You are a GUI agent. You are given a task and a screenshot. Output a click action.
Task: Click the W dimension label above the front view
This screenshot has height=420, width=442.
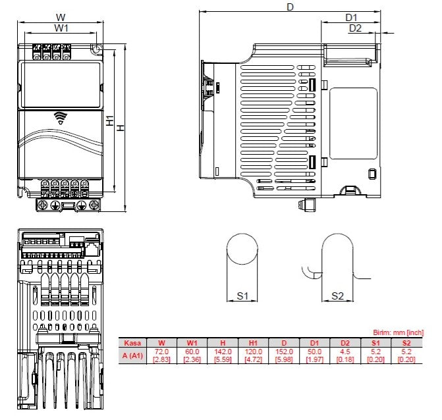pyautogui.click(x=61, y=16)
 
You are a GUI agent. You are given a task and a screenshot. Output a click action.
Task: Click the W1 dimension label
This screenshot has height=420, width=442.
pyautogui.click(x=61, y=28)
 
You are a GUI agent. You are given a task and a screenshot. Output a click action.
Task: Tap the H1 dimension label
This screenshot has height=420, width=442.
pyautogui.click(x=110, y=121)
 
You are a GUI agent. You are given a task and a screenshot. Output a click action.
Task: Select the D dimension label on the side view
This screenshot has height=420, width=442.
pyautogui.click(x=290, y=7)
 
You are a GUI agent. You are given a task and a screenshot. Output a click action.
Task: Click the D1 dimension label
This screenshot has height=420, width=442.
pyautogui.click(x=351, y=17)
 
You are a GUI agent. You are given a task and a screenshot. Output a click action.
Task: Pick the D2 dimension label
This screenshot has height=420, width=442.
pyautogui.click(x=355, y=28)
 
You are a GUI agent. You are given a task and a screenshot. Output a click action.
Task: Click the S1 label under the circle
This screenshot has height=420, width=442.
pyautogui.click(x=242, y=296)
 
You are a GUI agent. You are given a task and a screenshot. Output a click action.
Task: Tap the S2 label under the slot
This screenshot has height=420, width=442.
pyautogui.click(x=337, y=296)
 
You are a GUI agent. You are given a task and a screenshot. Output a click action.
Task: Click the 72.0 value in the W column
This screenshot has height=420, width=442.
pyautogui.click(x=161, y=352)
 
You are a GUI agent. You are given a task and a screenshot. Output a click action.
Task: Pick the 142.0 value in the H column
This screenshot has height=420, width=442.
pyautogui.click(x=223, y=352)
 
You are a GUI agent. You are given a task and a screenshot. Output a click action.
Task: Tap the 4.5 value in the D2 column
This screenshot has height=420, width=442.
pyautogui.click(x=346, y=352)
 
